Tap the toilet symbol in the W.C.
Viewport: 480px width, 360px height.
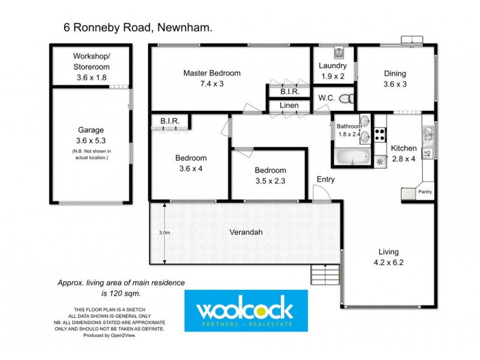coord(346,98)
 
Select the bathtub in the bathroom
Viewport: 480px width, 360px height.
coord(352,158)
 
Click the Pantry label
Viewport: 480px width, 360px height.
coord(425,192)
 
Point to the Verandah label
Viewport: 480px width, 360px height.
coord(245,233)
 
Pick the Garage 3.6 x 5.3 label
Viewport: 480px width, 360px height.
coord(89,135)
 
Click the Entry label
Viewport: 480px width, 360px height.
coord(326,179)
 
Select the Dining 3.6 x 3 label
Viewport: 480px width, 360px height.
coord(395,79)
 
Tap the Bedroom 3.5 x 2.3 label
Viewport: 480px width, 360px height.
coord(269,175)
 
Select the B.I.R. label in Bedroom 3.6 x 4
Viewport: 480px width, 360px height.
coord(169,122)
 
